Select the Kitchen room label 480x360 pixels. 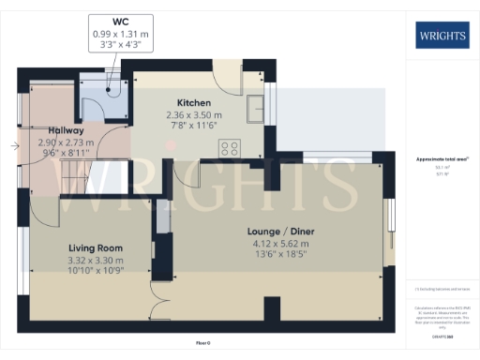click(194, 102)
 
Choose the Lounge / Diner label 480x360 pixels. click(275, 230)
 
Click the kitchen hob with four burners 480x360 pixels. click(229, 147)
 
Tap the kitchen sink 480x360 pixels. click(254, 111)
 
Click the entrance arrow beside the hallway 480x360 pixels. click(14, 145)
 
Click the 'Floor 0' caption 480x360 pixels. click(202, 344)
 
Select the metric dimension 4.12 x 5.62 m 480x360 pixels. click(275, 242)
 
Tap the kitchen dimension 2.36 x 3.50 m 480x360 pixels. click(194, 114)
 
